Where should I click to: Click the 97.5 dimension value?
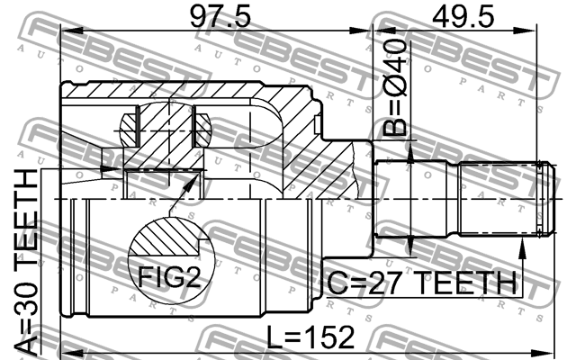pyautogui.click(x=220, y=17)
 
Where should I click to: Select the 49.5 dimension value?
pyautogui.click(x=463, y=17)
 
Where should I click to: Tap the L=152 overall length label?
pyautogui.click(x=310, y=337)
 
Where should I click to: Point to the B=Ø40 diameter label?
pyautogui.click(x=395, y=88)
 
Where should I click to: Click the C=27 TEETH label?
pyautogui.click(x=421, y=283)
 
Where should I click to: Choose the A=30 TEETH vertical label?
pyautogui.click(x=26, y=263)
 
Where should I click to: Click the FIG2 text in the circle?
pyautogui.click(x=169, y=276)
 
